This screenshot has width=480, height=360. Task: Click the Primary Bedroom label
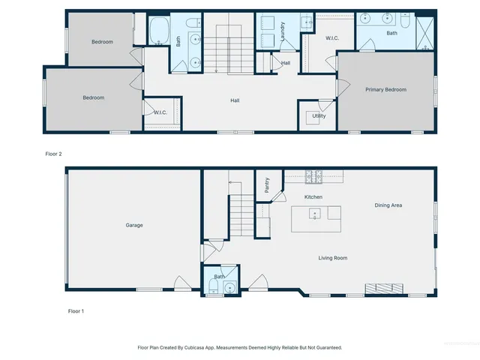385,90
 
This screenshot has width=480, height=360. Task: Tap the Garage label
134,225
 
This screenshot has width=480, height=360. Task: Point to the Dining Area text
388,205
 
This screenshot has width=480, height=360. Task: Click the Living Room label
332,258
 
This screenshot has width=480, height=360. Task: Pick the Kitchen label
313,197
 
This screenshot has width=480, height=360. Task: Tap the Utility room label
319,116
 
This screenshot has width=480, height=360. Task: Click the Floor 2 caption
53,154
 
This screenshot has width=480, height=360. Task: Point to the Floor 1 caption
75,310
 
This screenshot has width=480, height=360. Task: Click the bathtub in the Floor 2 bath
160,32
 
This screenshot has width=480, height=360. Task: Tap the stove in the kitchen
315,178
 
